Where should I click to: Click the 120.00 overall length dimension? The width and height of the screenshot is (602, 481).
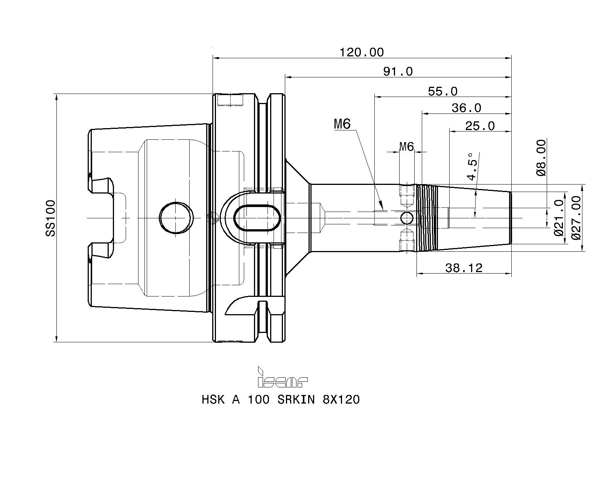coord(362,52)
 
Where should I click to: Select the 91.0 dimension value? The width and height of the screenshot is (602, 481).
coord(398,71)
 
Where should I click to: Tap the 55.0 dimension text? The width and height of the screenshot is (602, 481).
coord(442,91)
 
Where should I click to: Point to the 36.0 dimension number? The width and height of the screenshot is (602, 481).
coord(466,108)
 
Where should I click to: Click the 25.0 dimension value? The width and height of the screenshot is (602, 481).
coord(480,126)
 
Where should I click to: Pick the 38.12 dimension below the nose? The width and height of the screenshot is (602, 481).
coord(464,268)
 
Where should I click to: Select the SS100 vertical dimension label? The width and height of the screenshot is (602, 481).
coord(51,218)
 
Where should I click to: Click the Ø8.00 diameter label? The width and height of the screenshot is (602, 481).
coord(541,158)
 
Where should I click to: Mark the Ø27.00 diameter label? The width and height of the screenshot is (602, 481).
coord(576,218)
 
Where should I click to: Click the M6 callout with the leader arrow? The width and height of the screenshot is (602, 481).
coord(342,124)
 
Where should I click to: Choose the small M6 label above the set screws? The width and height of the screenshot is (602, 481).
coord(406,147)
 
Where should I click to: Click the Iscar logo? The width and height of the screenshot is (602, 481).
coord(283,377)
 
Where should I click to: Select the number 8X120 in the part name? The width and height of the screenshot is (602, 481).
coord(341,400)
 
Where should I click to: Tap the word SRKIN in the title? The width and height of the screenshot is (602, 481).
coord(296,400)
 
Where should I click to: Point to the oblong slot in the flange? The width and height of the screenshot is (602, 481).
coord(257,205)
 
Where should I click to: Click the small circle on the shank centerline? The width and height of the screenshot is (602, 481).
coord(406,218)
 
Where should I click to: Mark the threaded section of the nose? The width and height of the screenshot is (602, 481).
coord(427,218)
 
